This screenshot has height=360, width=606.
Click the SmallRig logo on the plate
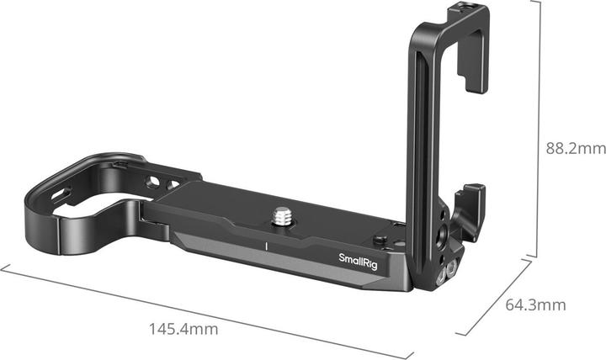tap(358, 258)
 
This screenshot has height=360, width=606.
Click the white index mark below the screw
tap(266, 246)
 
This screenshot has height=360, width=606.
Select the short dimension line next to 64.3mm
tap(492, 299)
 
